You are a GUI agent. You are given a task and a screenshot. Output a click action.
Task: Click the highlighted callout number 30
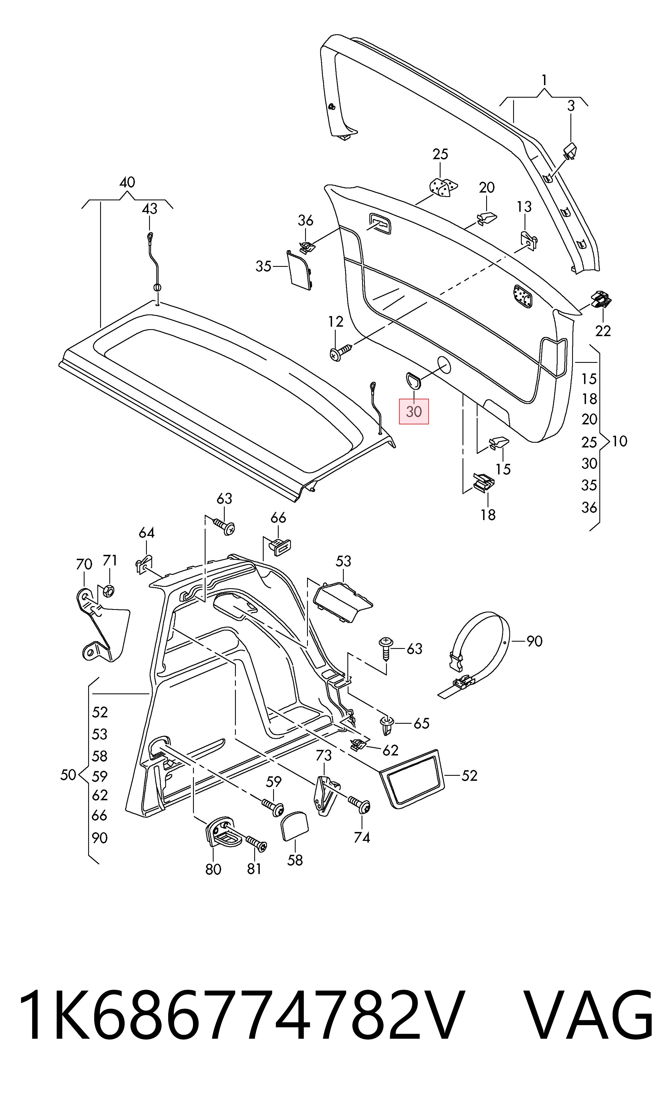pos(414,411)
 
